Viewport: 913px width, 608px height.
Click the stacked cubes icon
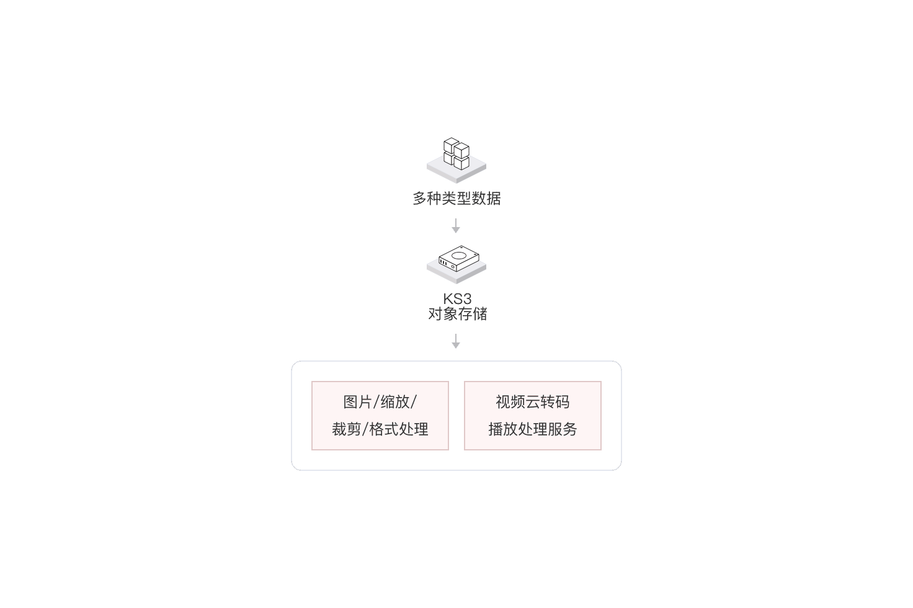click(456, 154)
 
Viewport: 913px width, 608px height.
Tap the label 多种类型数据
click(457, 199)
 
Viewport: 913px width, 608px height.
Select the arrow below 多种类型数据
click(456, 225)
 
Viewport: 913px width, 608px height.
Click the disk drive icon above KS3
click(459, 258)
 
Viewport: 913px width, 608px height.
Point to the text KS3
click(457, 299)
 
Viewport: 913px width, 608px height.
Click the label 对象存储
click(457, 314)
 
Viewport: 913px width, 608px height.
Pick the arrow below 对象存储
click(456, 341)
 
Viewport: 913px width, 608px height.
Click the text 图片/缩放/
click(380, 402)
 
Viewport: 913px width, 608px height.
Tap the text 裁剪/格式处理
click(380, 429)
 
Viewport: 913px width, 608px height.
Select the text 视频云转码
click(533, 402)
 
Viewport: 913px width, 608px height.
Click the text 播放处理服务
click(533, 429)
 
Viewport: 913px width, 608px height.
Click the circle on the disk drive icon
click(458, 256)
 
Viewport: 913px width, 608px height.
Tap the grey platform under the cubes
click(456, 171)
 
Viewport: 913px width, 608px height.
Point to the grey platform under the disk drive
click(456, 272)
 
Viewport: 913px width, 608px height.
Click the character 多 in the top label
click(420, 199)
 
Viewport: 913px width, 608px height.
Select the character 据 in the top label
click(494, 199)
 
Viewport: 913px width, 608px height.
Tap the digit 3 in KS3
click(467, 299)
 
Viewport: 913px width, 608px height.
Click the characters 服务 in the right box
click(563, 429)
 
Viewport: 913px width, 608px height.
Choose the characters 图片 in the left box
click(358, 402)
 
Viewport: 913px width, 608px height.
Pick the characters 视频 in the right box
click(510, 402)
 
